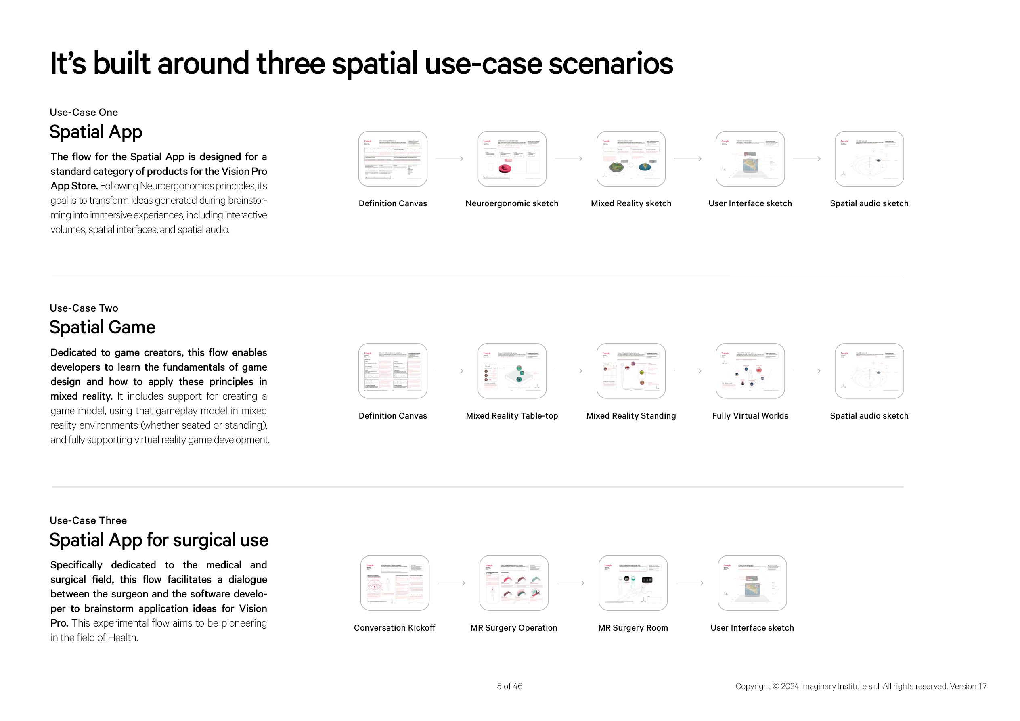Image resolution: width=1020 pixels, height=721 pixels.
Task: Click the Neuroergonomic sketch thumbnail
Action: (512, 159)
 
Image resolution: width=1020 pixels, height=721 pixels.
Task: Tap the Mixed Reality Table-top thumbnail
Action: (512, 371)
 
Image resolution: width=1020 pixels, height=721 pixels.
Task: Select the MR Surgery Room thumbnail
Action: (633, 583)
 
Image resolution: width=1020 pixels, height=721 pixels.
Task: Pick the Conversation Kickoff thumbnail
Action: (394, 583)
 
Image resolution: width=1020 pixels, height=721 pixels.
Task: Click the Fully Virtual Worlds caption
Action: (750, 416)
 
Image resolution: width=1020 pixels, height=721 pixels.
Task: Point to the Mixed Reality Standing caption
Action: (631, 416)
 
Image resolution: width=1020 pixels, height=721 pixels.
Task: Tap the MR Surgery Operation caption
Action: (513, 628)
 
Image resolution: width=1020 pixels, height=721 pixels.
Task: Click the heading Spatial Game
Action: (102, 327)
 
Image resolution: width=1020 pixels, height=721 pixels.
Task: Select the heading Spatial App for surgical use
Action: (159, 540)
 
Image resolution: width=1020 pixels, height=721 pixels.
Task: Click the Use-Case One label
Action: (84, 112)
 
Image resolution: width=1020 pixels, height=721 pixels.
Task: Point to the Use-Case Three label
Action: (88, 520)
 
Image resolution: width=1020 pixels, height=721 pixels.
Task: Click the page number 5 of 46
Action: (509, 686)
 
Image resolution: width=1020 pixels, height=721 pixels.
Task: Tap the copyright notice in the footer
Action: (861, 686)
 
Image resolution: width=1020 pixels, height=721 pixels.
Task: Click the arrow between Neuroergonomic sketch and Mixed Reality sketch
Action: (569, 159)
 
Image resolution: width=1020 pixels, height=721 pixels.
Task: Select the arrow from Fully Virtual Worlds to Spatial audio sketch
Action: (807, 371)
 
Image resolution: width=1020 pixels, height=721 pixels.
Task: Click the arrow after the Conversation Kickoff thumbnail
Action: (451, 583)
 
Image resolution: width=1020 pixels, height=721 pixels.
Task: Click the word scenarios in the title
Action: (611, 63)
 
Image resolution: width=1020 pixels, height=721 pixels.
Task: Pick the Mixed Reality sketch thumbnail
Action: (631, 159)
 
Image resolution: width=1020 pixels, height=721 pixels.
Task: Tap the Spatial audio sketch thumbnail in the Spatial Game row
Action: (869, 371)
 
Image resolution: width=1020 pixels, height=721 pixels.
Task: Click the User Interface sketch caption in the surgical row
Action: (752, 628)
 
